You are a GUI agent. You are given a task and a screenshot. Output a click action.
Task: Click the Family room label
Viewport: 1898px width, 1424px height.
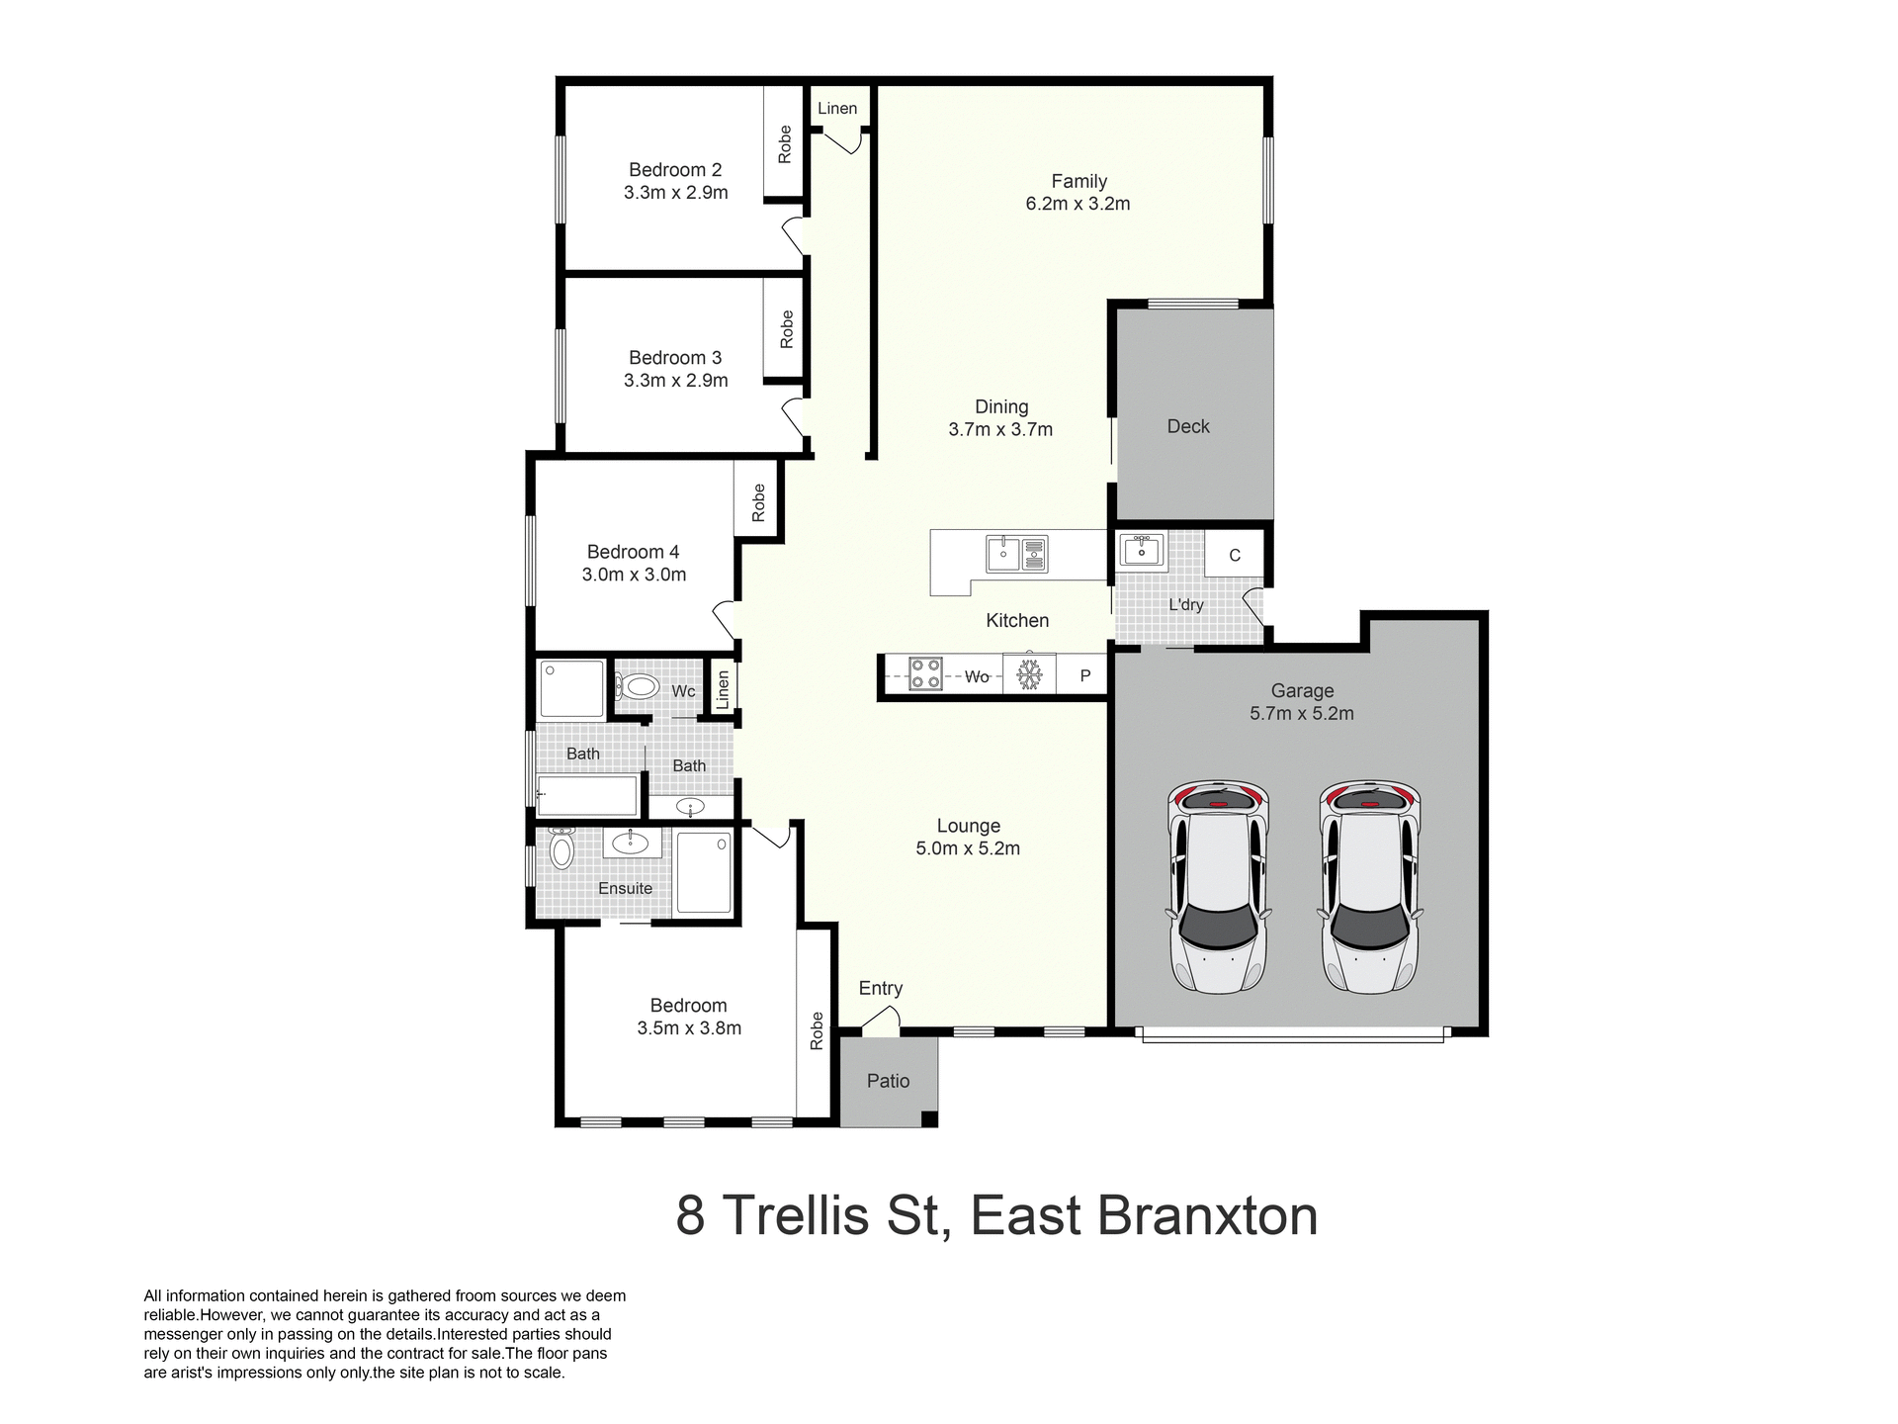pyautogui.click(x=1078, y=181)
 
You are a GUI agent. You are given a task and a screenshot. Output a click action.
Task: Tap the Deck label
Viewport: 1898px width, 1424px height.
pyautogui.click(x=1187, y=426)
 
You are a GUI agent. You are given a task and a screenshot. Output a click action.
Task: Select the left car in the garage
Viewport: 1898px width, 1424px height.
pyautogui.click(x=1217, y=887)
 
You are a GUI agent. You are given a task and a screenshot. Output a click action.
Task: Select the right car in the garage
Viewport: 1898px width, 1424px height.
pyautogui.click(x=1369, y=887)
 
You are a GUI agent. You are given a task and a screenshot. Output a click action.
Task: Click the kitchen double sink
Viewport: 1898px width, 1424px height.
pyautogui.click(x=1017, y=554)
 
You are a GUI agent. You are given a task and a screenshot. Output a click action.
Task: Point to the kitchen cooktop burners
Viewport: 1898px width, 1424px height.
pyautogui.click(x=925, y=674)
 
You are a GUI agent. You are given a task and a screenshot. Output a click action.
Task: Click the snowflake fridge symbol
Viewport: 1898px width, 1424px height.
pyautogui.click(x=1029, y=675)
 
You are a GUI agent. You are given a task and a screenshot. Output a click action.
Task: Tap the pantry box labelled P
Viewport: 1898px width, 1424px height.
pyautogui.click(x=1084, y=676)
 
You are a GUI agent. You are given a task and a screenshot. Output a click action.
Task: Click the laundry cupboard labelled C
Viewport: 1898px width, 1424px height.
pyautogui.click(x=1234, y=555)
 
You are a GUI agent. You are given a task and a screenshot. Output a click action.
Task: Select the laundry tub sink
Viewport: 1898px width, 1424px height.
pyautogui.click(x=1141, y=550)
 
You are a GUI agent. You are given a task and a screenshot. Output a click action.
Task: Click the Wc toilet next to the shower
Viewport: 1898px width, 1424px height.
pyautogui.click(x=639, y=686)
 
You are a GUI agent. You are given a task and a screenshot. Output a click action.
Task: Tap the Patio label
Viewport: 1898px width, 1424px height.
pyautogui.click(x=888, y=1081)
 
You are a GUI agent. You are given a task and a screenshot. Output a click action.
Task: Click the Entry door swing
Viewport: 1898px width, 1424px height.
pyautogui.click(x=883, y=1020)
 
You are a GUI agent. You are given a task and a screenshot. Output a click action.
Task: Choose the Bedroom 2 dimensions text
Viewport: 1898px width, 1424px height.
pyautogui.click(x=675, y=193)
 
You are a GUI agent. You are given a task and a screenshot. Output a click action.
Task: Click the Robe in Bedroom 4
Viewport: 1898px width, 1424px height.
pyautogui.click(x=758, y=501)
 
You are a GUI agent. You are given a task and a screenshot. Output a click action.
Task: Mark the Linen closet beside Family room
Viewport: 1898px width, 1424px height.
pyautogui.click(x=837, y=108)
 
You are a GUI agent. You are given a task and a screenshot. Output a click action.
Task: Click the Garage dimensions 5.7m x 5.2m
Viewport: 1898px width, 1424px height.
pyautogui.click(x=1301, y=713)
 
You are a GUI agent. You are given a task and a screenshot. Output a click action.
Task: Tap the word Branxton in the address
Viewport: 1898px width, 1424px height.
pyautogui.click(x=1208, y=1215)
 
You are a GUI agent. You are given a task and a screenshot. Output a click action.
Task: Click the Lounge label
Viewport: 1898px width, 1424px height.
pyautogui.click(x=968, y=826)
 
